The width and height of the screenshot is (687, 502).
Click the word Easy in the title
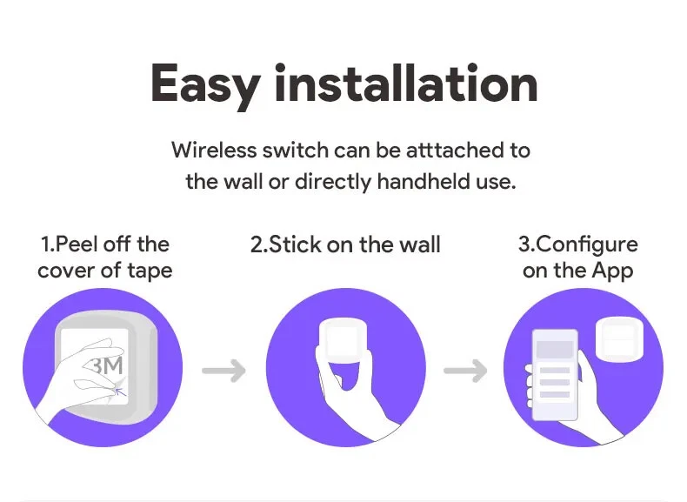pos(205,85)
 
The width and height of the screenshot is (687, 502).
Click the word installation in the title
pos(406,83)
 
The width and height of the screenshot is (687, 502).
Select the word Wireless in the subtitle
pos(214,150)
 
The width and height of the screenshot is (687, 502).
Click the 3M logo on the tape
pos(107,365)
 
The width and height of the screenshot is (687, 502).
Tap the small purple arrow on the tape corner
pos(121,390)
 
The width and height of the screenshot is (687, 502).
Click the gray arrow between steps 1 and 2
pos(223,371)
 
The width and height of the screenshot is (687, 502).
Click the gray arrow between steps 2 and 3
pos(465,371)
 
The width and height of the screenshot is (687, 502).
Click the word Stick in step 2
pos(295,244)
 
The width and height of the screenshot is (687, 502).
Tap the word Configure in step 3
pos(586,244)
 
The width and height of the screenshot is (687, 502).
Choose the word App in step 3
pos(612,271)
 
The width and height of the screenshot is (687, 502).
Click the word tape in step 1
pos(150,271)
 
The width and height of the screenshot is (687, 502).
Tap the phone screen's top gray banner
pos(555,350)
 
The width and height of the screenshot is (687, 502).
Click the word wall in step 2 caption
pos(420,244)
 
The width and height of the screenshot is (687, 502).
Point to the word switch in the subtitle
pos(296,150)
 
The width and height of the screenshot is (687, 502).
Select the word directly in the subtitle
pos(333,182)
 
